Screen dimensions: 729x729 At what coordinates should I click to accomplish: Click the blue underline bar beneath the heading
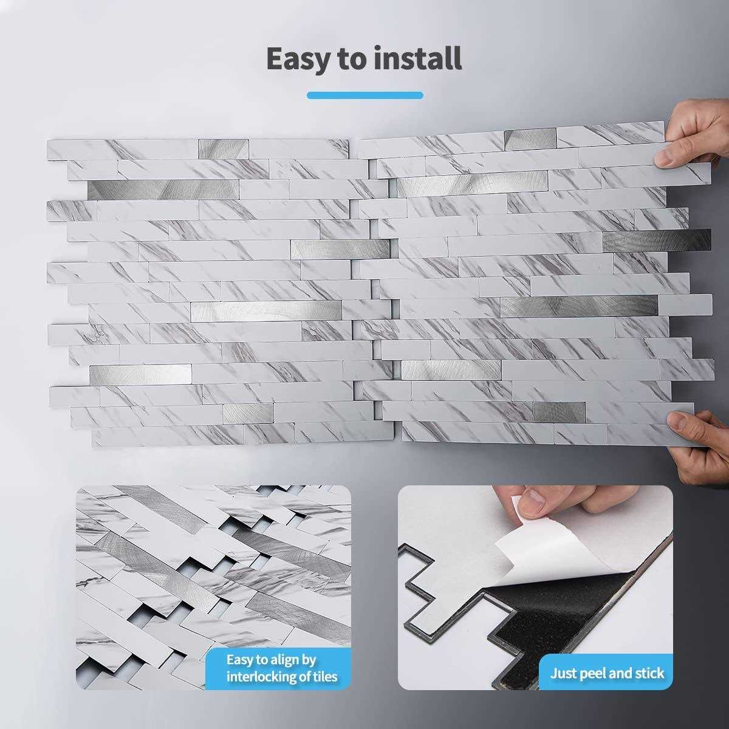(364, 95)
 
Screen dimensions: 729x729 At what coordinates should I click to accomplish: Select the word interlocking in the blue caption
(261, 676)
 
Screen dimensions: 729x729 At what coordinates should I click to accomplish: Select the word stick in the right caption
(649, 673)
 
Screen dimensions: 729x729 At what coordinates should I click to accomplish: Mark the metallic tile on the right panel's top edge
(530, 138)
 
